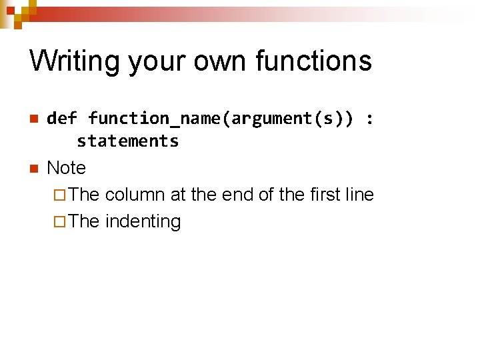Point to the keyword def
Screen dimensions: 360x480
[x=62, y=119]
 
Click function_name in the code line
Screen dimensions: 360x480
[x=155, y=119]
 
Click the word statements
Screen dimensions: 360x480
[x=127, y=141]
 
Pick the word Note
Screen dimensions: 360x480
[x=67, y=167]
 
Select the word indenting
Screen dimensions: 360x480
[x=143, y=221]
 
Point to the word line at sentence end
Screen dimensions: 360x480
[x=360, y=195]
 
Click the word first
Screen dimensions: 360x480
[x=325, y=195]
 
